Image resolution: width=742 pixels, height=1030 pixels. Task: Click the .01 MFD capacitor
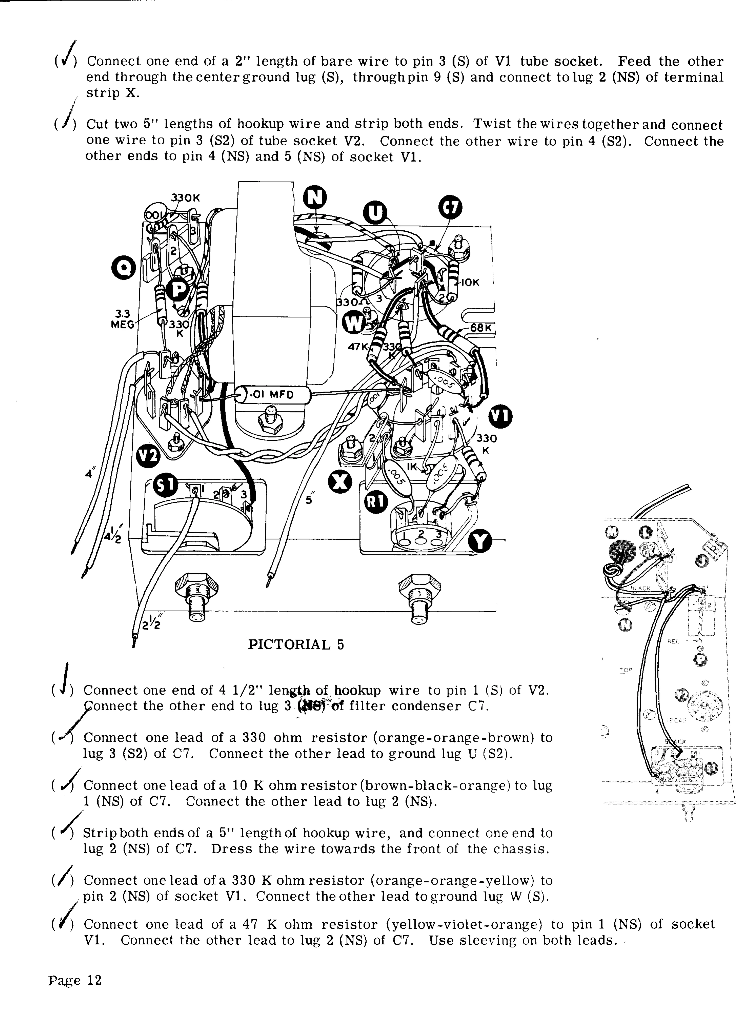tap(272, 394)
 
